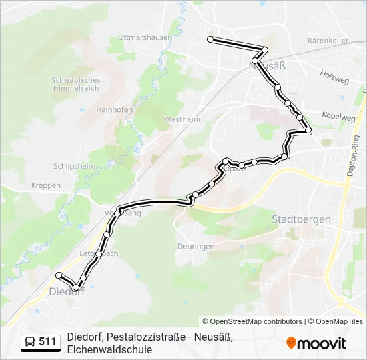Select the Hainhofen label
pos(114,109)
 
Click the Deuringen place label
pos(196,246)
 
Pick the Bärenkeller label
pos(328,41)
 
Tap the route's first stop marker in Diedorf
pos(59,275)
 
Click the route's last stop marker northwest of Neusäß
pos(210,39)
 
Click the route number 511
pos(47,342)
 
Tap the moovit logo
pos(316,343)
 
